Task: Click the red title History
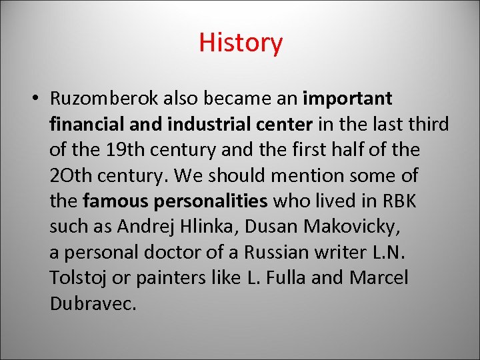coord(241,43)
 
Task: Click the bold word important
coord(347,99)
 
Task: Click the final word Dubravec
coord(93,303)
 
